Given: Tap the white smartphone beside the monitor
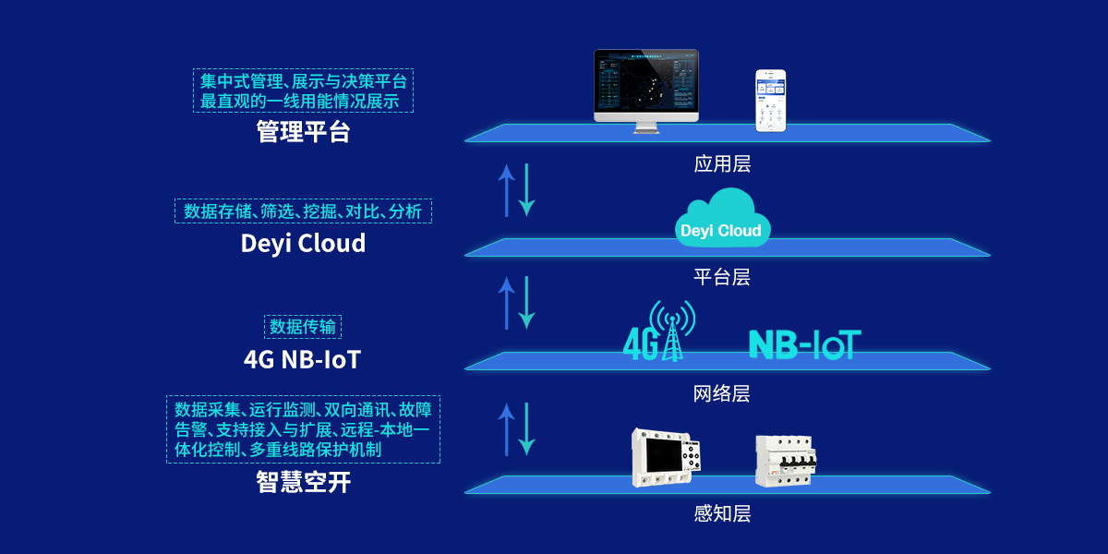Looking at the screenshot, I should coord(771,100).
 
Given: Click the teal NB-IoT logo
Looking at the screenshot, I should coord(804,343).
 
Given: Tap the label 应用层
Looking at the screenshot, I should coord(722,164).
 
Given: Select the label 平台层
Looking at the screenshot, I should coord(722,277).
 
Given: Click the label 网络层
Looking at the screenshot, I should coord(722,394).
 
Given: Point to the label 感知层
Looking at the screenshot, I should coord(722,514).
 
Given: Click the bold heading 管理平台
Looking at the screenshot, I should coord(304,132).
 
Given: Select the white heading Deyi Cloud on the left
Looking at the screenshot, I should coord(303,244).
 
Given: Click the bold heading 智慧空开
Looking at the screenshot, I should coord(304,482).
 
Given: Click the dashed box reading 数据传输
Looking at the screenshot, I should coord(304,327).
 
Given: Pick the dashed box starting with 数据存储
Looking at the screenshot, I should coord(303,211).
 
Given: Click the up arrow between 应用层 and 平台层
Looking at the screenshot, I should coord(506,191).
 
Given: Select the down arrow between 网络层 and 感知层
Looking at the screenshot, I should coord(527,428).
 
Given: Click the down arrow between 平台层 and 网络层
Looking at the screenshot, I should coord(527,303).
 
